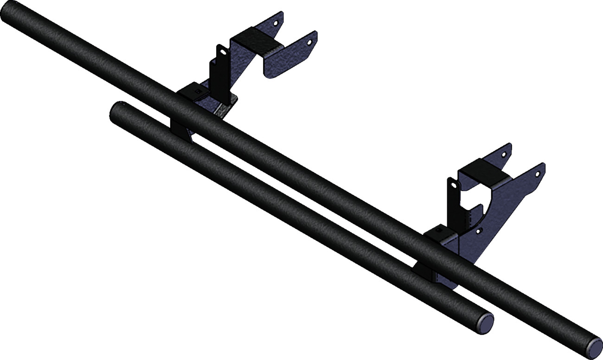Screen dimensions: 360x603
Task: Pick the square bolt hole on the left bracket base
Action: coord(198,92)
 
